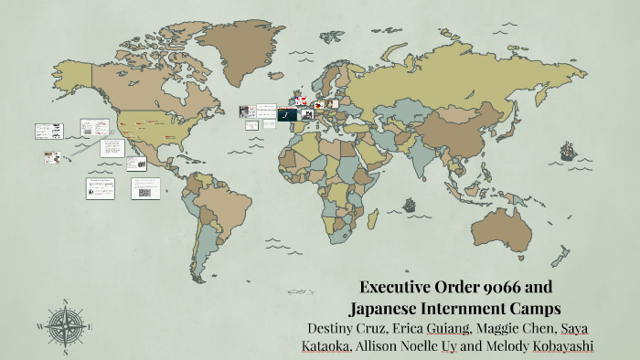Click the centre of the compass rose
tap(66, 325)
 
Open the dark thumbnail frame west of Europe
tap(285, 116)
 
